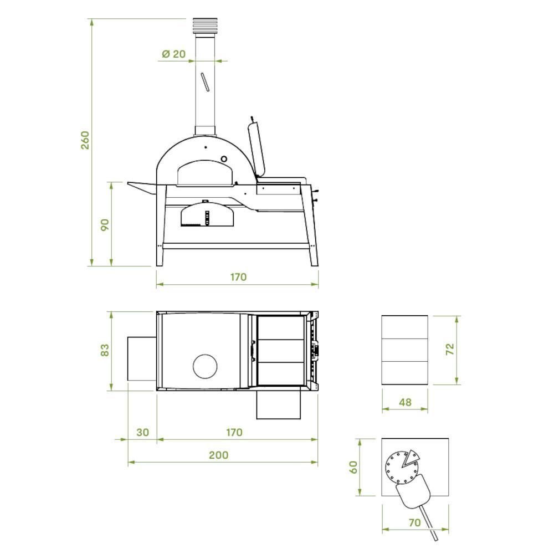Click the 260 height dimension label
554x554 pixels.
pos(85,140)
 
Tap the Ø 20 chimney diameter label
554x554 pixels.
pos(173,54)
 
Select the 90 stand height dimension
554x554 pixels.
pos(105,225)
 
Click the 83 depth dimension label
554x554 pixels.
pos(105,350)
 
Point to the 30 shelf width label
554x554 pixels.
pos(142,432)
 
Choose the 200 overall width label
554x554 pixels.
pos(218,455)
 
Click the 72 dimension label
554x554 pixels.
pos(450,350)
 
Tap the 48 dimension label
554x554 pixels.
pos(406,402)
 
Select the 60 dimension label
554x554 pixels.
pos(353,467)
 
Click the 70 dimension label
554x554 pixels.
pos(415,522)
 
